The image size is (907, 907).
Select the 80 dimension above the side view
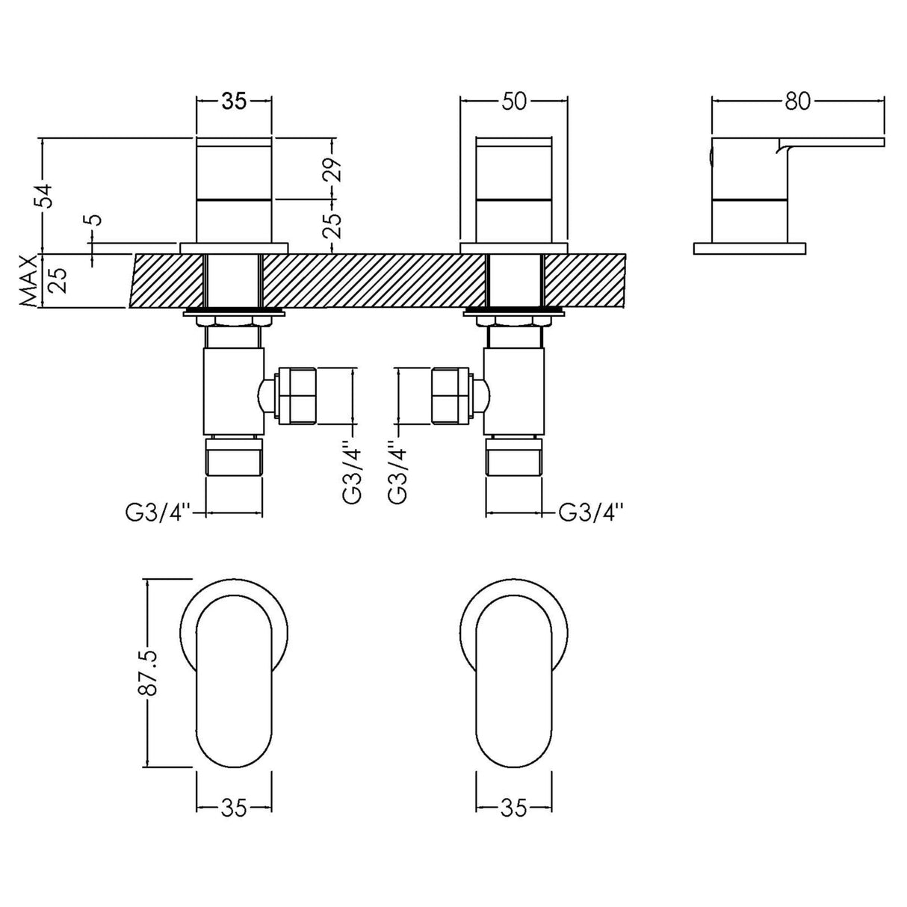click(798, 102)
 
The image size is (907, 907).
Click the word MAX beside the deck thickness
click(28, 282)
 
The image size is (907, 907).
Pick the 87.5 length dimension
click(147, 672)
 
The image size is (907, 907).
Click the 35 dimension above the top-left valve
click(234, 102)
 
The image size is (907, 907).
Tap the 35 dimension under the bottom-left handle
click(234, 808)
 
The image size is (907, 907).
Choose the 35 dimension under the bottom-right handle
click(514, 808)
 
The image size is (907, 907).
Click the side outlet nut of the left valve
click(297, 394)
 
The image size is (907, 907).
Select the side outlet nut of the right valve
click(451, 394)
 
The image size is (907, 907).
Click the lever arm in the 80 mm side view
click(837, 142)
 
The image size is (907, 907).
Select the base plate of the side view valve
click(750, 248)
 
